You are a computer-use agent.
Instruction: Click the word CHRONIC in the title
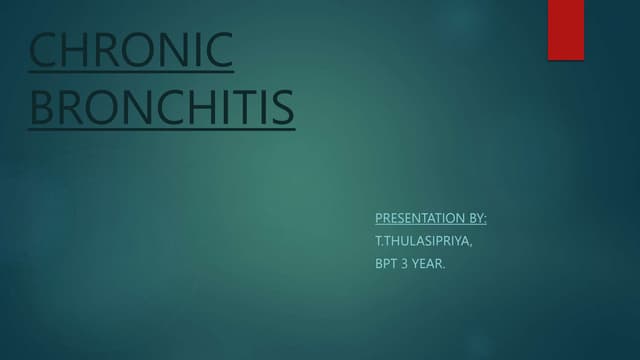click(x=131, y=52)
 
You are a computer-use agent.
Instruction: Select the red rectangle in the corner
click(x=565, y=29)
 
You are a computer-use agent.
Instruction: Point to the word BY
click(x=477, y=217)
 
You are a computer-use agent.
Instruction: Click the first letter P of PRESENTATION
click(x=378, y=217)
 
